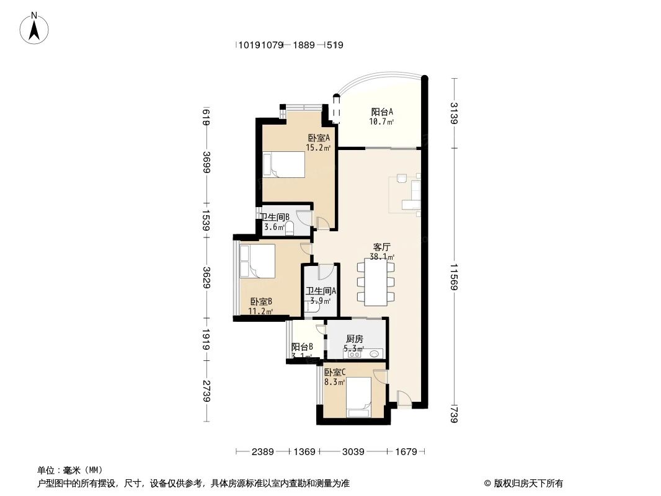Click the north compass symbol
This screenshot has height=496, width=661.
coord(35,28)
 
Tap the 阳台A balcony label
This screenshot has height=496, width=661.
coord(382,112)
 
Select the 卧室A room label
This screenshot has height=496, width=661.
coord(318,138)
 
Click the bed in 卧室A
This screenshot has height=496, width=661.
coord(285,166)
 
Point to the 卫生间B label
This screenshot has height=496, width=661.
coord(275,217)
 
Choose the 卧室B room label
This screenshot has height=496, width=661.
coord(261,301)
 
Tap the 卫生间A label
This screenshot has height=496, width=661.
coord(321,291)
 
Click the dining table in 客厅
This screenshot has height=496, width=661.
coord(376,282)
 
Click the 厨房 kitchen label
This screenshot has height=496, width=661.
coord(355,339)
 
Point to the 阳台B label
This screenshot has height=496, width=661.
coord(302,347)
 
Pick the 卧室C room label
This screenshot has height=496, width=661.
coord(334,373)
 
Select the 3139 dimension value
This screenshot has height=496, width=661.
coord(454,113)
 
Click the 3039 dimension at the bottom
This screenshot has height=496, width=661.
coord(353,452)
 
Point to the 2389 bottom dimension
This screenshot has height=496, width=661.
coord(263,452)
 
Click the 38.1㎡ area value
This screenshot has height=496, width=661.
coord(382,257)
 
